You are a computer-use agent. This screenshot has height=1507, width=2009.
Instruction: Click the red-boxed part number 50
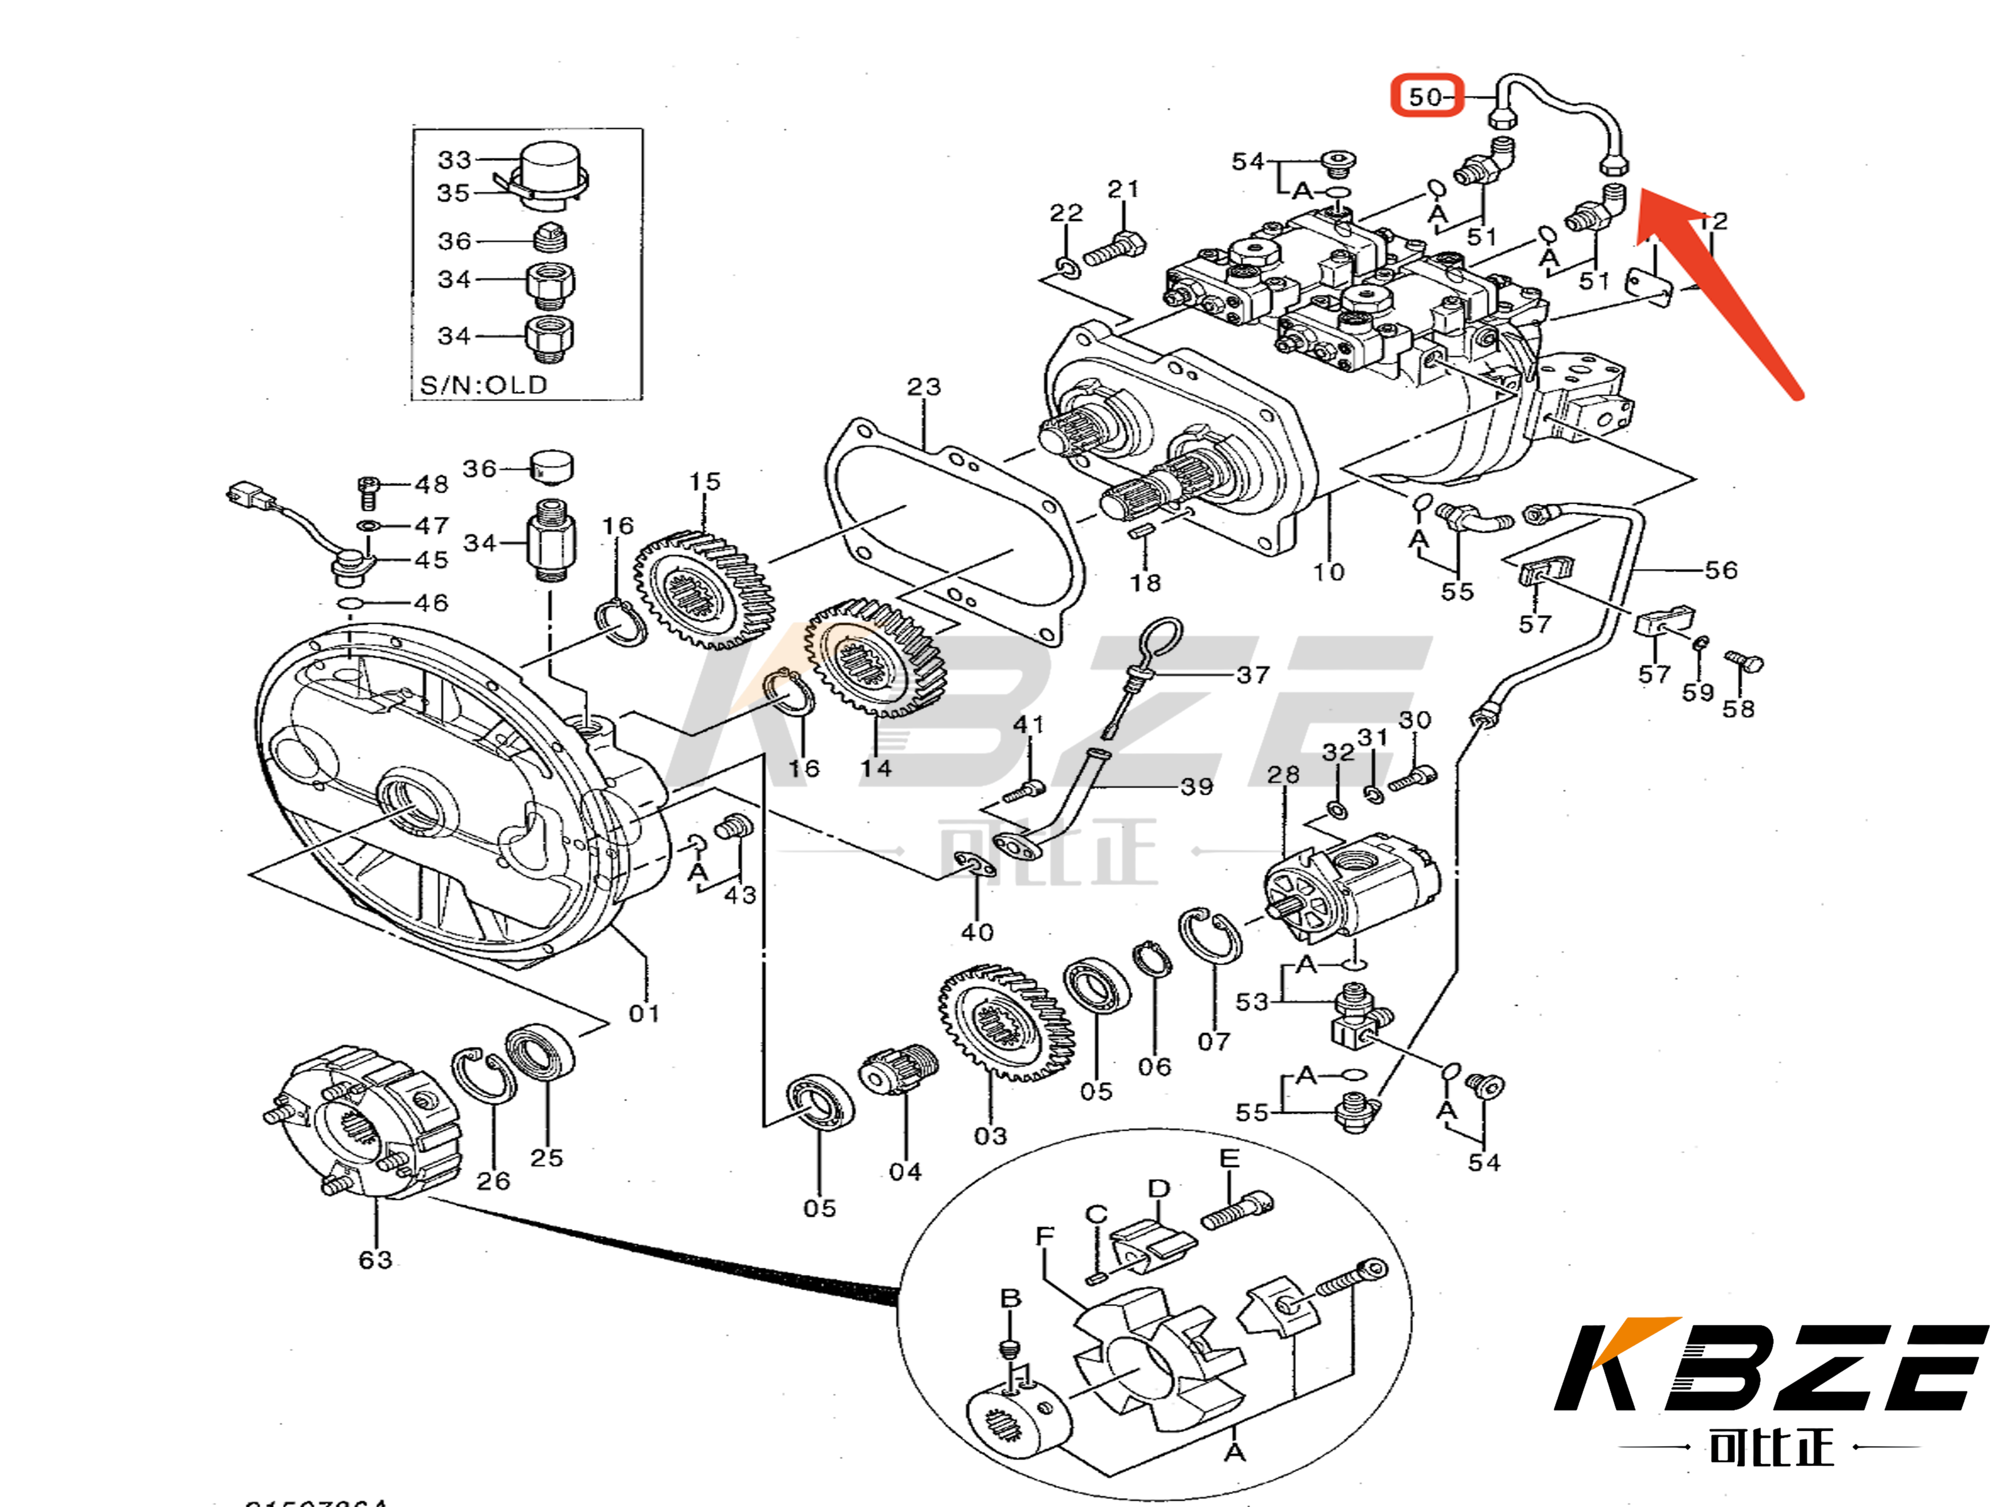[1426, 96]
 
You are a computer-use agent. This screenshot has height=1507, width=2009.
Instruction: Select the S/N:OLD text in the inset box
[483, 385]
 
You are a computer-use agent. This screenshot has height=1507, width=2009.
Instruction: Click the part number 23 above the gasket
[924, 387]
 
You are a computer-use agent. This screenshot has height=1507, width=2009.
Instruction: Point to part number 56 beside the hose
[1720, 571]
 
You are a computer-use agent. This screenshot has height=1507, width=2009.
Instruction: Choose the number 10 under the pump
[1328, 572]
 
